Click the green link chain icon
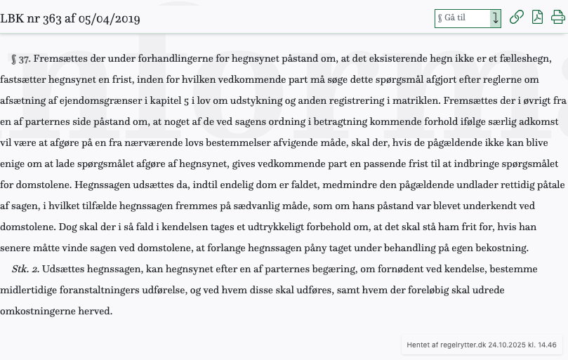(517, 18)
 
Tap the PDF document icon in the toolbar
(538, 18)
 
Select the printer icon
(558, 18)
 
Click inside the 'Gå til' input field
(462, 18)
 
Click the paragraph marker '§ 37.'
(21, 59)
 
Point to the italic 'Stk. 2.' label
(25, 269)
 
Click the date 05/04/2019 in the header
(109, 19)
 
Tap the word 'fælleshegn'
(523, 59)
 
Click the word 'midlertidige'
(31, 290)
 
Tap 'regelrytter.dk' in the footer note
(461, 345)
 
